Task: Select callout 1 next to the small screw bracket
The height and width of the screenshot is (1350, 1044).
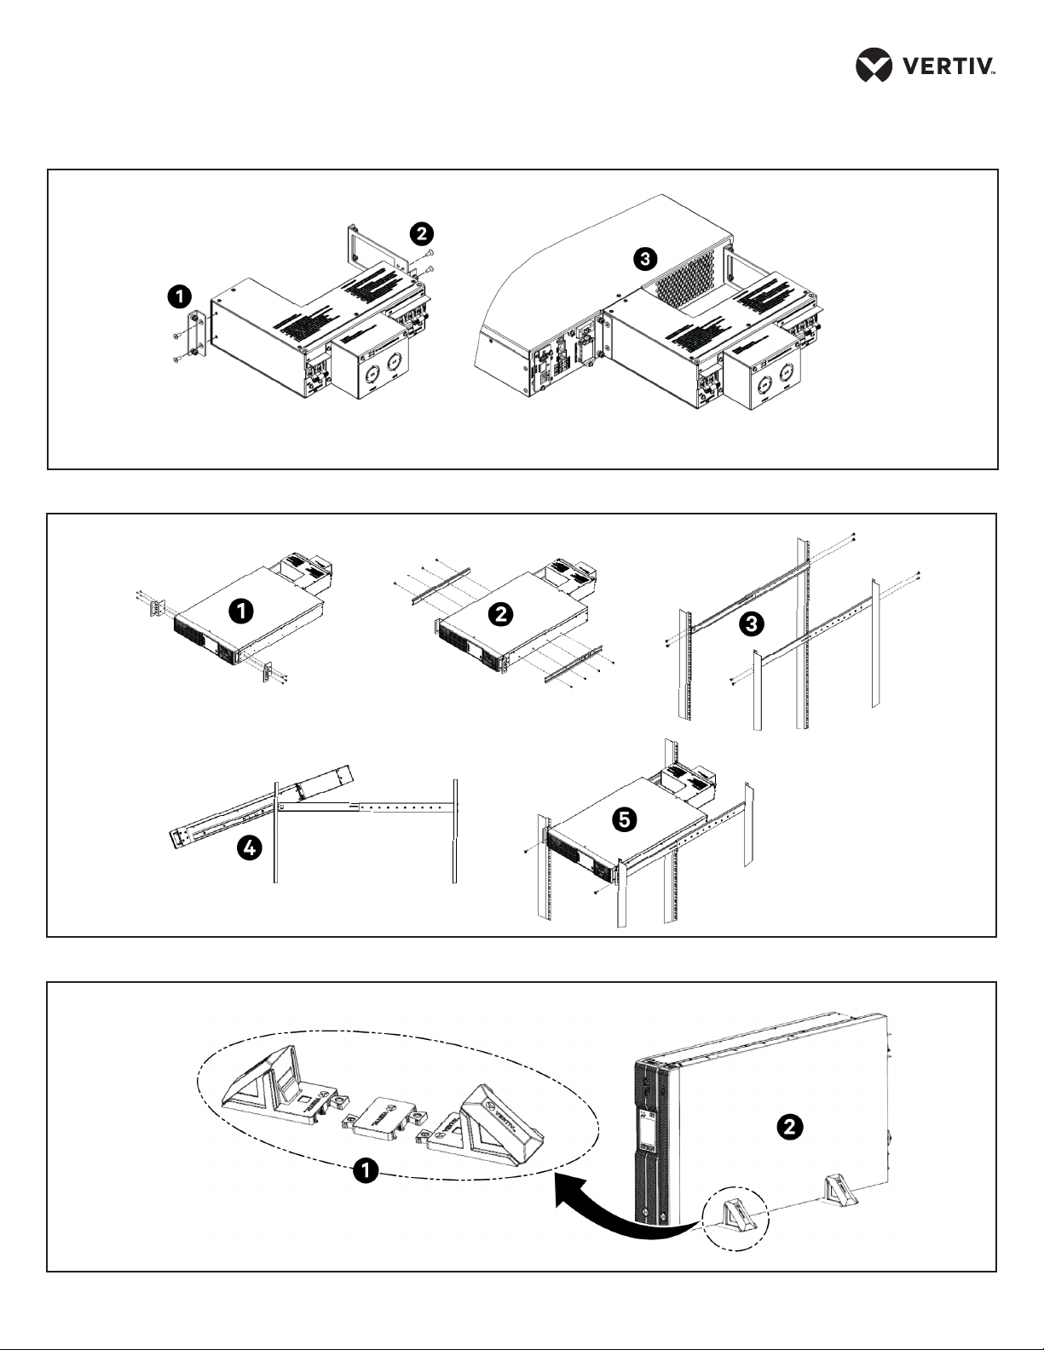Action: tap(179, 296)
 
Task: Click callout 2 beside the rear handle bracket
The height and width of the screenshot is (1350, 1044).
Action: tap(420, 233)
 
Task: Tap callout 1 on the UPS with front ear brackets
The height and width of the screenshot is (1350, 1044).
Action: tap(243, 610)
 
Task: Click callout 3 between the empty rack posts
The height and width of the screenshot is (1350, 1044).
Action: tap(750, 624)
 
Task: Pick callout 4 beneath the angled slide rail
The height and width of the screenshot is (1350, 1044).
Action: tap(249, 848)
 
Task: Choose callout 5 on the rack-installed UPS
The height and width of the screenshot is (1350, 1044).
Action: tap(625, 819)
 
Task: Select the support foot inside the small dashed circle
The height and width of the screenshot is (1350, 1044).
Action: tap(735, 1215)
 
